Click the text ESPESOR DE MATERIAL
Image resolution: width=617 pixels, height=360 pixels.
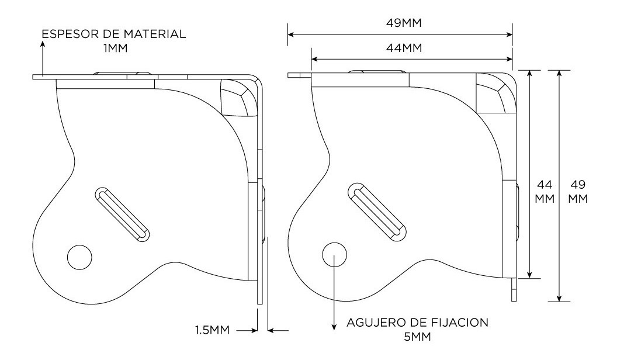tap(114, 34)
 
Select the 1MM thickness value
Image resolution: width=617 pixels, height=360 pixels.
tap(114, 48)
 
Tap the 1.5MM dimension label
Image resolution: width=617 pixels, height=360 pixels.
tap(212, 331)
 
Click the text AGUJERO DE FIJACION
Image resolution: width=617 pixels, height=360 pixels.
tap(417, 323)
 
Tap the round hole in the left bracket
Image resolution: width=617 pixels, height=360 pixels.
tap(79, 256)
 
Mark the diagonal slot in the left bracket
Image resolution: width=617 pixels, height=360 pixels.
tap(122, 214)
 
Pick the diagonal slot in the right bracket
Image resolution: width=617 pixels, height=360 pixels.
tap(377, 211)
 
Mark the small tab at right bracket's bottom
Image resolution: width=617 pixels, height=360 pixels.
tap(514, 290)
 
